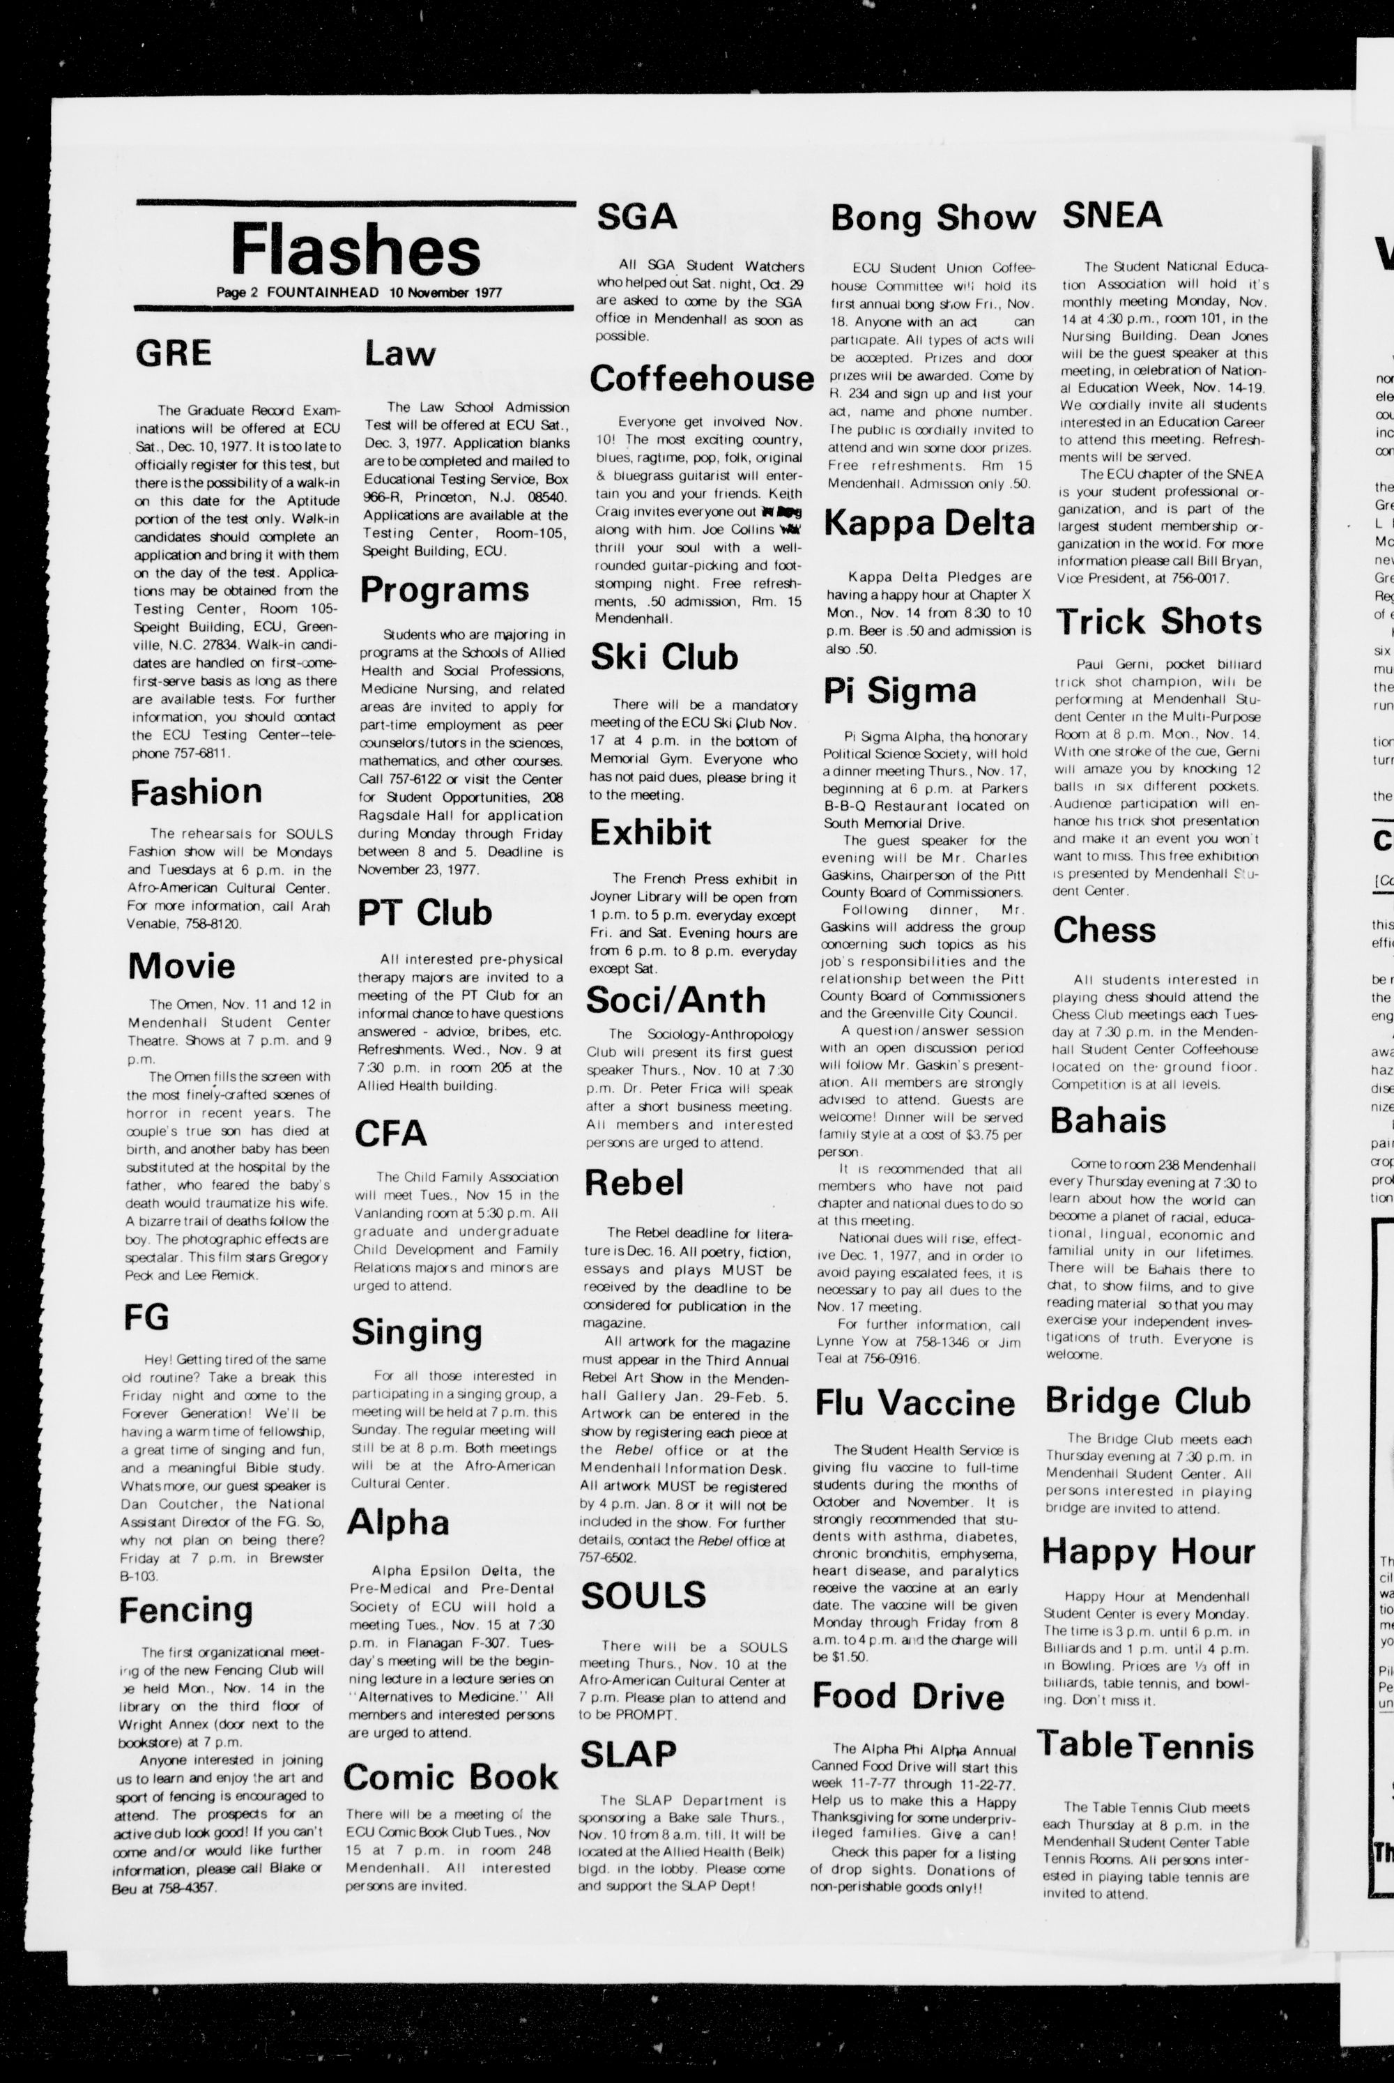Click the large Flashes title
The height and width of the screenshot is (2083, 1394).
pyautogui.click(x=355, y=252)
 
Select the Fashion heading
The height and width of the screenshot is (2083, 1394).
pyautogui.click(x=196, y=792)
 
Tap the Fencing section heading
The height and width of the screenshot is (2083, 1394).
pyautogui.click(x=186, y=1608)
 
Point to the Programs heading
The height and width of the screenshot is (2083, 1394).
pyautogui.click(x=445, y=590)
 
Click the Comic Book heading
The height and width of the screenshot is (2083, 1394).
pyautogui.click(x=451, y=1777)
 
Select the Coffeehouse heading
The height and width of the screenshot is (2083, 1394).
pyautogui.click(x=701, y=379)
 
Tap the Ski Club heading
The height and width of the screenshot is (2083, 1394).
pyautogui.click(x=664, y=657)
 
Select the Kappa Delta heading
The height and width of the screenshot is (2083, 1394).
pyautogui.click(x=929, y=523)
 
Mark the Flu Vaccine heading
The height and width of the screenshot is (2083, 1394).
pyautogui.click(x=914, y=1404)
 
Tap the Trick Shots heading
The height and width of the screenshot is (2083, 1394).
pyautogui.click(x=1158, y=621)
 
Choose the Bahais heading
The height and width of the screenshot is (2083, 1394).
pyautogui.click(x=1108, y=1120)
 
